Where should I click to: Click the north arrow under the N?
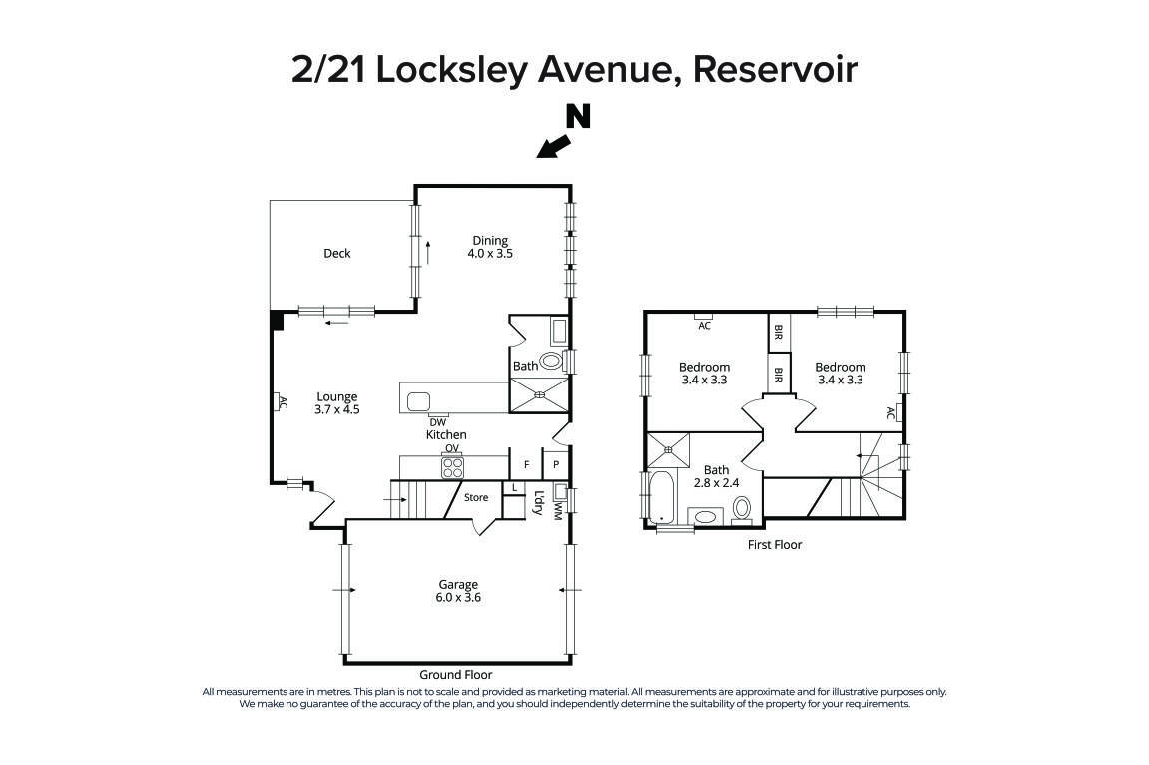[553, 147]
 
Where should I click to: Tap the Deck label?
[337, 254]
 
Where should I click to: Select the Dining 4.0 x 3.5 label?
[490, 247]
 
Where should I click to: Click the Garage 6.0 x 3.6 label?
[458, 591]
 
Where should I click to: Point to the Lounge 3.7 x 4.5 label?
[337, 402]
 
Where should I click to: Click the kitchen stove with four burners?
[452, 467]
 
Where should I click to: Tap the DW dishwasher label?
[438, 422]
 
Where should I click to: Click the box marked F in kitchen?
[525, 465]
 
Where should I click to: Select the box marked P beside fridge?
[556, 465]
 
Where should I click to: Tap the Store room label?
[476, 497]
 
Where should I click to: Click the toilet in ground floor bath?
[551, 362]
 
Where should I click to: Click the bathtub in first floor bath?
[660, 499]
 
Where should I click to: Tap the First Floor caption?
[775, 545]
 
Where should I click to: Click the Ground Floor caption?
[455, 675]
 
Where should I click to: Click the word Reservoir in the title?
[775, 70]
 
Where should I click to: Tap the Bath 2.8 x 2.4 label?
[716, 476]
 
